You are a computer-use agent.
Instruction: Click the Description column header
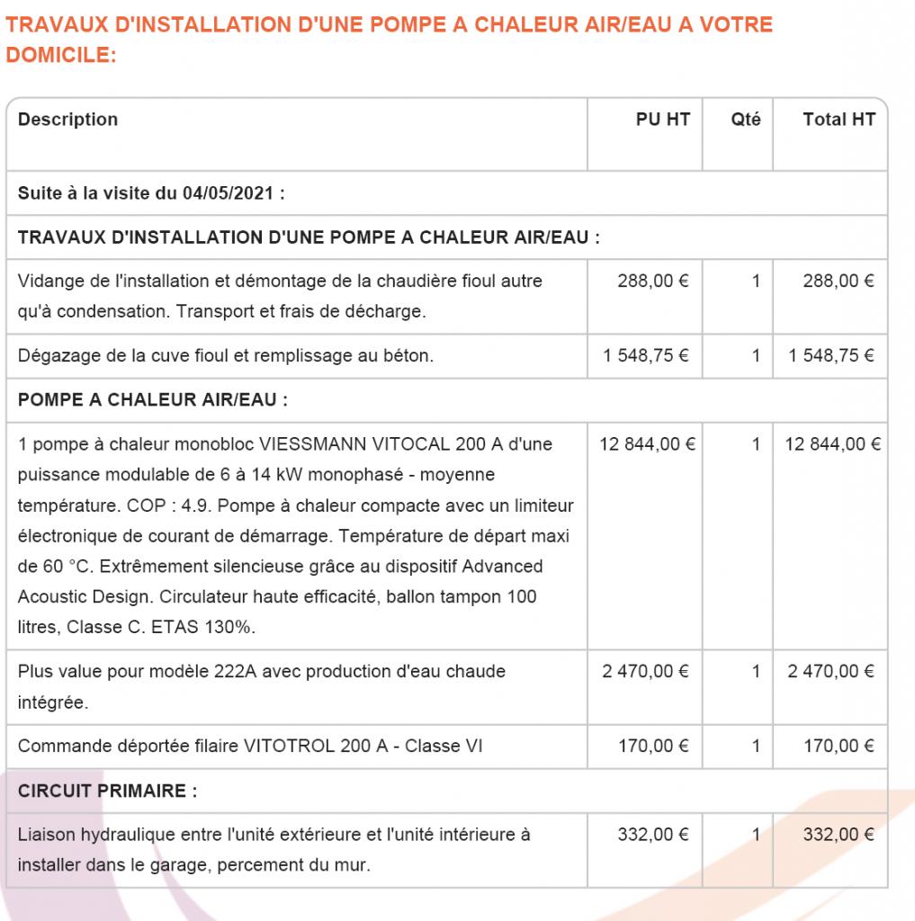[x=67, y=120]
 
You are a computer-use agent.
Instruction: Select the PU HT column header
[x=663, y=120]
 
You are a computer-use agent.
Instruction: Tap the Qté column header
[x=746, y=120]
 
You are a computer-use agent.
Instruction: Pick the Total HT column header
[x=839, y=120]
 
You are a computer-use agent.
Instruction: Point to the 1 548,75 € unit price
[x=646, y=356]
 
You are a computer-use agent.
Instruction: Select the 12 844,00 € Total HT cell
[x=833, y=444]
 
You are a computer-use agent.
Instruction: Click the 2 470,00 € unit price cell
[x=646, y=672]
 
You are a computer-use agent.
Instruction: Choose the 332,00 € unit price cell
[x=653, y=835]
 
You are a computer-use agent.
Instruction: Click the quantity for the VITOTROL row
[x=756, y=747]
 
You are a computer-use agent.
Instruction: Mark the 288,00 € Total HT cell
[x=839, y=282]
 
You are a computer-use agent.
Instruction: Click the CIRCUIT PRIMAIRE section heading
[x=107, y=791]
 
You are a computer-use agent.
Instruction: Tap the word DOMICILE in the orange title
[x=59, y=56]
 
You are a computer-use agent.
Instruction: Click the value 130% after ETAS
[x=231, y=628]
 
